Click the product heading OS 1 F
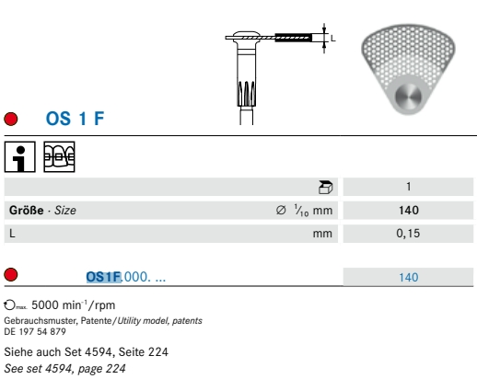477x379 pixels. pos(75,119)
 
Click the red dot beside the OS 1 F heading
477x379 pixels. pos(11,119)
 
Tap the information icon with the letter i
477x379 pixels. pos(20,156)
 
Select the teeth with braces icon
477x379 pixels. pos(59,156)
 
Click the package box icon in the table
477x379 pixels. pos(325,187)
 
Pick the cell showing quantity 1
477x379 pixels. pos(408,187)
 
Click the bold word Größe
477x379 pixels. pos(27,211)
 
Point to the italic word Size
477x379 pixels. pos(65,211)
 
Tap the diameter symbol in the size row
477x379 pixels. pos(281,210)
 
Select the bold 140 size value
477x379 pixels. pos(409,211)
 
